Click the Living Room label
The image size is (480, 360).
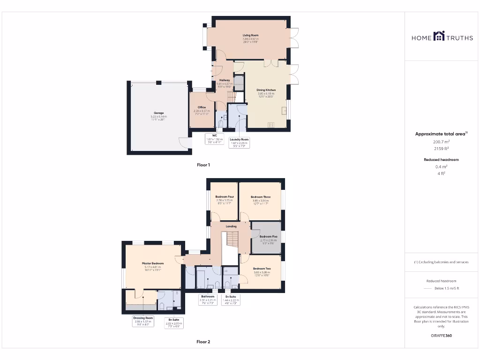tap(250, 36)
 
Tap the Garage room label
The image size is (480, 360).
tap(159, 113)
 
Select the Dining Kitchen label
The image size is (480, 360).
tap(266, 90)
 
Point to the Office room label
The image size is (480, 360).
tap(202, 107)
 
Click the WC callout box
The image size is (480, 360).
tap(214, 139)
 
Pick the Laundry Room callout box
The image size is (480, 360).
tap(239, 142)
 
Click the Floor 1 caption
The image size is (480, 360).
tap(203, 165)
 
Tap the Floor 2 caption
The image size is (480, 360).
tap(203, 342)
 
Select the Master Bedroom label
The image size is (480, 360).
tap(153, 263)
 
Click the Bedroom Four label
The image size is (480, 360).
tap(224, 197)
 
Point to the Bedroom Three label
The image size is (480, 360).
tap(261, 197)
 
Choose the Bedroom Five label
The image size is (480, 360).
tap(268, 237)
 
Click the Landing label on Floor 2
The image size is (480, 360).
tap(231, 226)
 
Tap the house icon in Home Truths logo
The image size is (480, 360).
tap(438, 36)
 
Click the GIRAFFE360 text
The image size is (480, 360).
tap(441, 336)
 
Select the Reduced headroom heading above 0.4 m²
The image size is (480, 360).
tap(441, 160)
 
